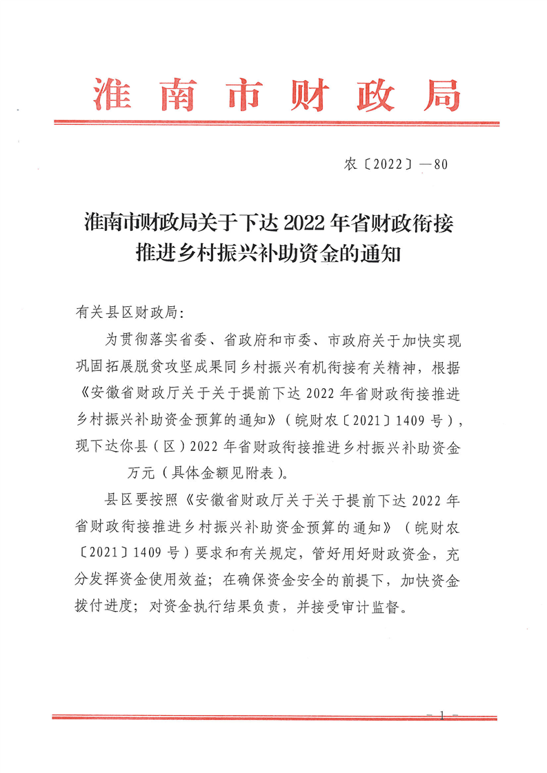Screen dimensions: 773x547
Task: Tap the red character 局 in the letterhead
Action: click(x=440, y=94)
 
